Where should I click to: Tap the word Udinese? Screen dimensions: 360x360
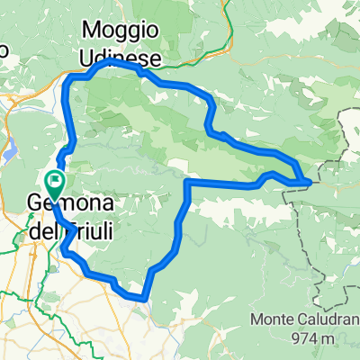(121, 58)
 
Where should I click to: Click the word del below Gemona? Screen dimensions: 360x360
(42, 231)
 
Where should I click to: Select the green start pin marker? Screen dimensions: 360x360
(55, 185)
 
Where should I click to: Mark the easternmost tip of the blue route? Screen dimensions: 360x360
(311, 182)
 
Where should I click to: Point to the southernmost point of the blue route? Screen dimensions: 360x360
(142, 298)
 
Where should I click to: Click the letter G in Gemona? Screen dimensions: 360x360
(36, 205)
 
